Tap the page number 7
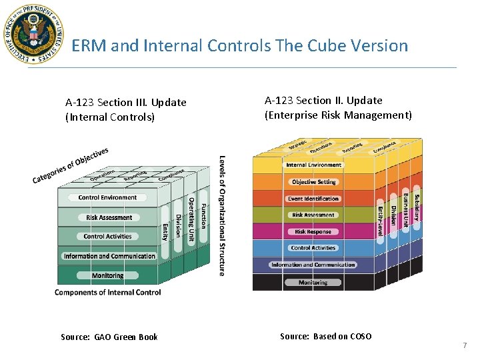tap(465, 345)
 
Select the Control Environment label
tap(107, 197)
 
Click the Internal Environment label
tap(313, 165)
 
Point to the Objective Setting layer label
tap(313, 182)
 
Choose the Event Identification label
tap(313, 199)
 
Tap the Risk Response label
tap(313, 232)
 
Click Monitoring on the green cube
tap(107, 275)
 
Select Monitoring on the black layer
tap(313, 283)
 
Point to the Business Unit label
tap(405, 209)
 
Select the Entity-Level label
tap(381, 221)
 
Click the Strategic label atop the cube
tap(297, 145)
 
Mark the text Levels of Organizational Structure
tap(222, 215)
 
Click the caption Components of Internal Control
tap(107, 292)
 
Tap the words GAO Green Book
tap(126, 337)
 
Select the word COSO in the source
tap(360, 336)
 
